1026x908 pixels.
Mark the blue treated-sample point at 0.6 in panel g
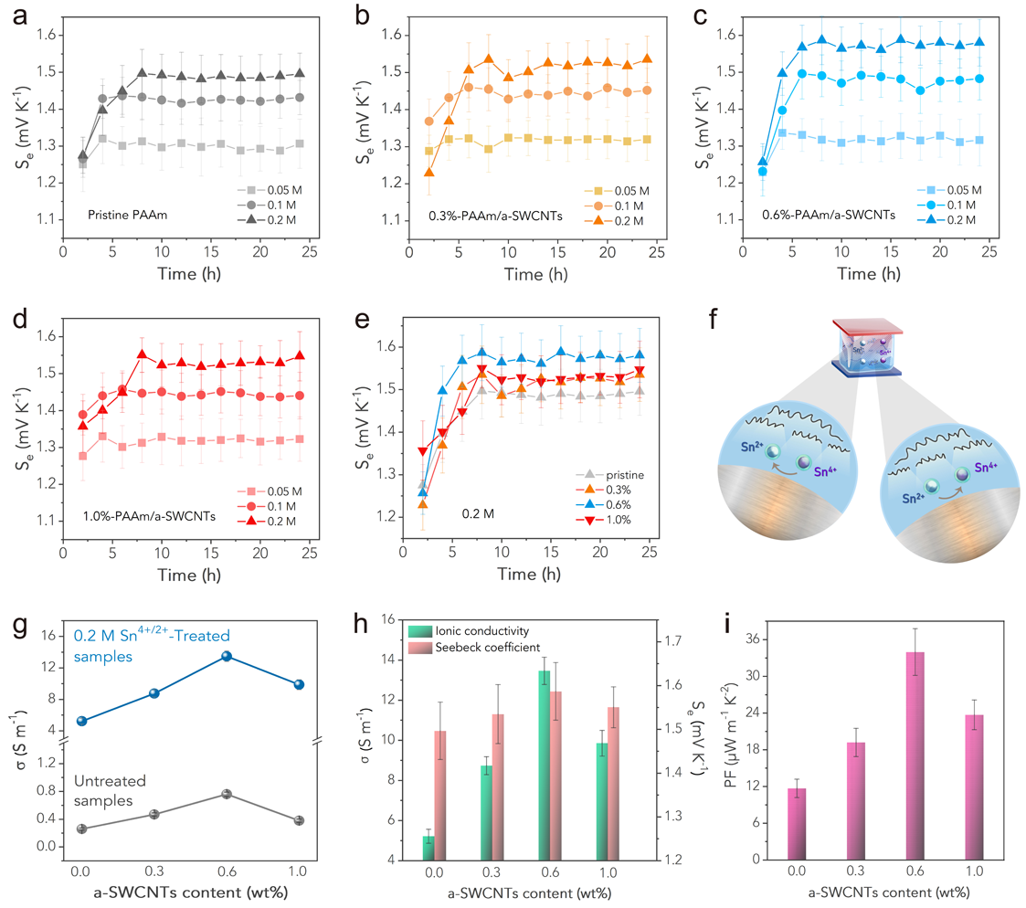227,656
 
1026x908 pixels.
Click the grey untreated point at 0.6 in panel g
227,794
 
